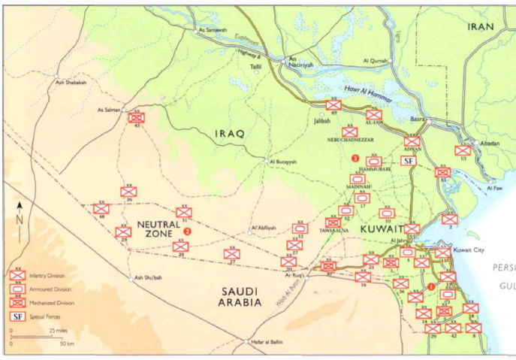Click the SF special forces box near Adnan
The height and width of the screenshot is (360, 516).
409,161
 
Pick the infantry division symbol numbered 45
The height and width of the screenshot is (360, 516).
136,118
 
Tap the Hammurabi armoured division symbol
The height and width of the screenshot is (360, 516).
373,161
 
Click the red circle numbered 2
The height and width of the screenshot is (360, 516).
189,232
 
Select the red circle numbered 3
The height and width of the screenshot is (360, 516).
355,157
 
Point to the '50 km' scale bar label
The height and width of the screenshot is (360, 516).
65,343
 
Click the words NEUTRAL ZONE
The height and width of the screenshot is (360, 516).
158,228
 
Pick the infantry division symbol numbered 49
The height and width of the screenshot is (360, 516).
332,105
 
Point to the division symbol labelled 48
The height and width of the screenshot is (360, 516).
101,208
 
